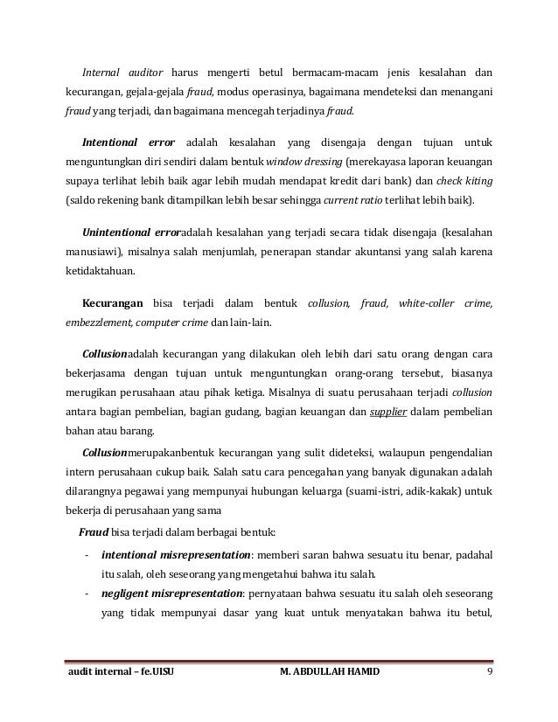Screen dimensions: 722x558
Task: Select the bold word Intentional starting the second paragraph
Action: pyautogui.click(x=110, y=141)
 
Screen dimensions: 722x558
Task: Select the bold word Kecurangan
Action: pyautogui.click(x=112, y=305)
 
